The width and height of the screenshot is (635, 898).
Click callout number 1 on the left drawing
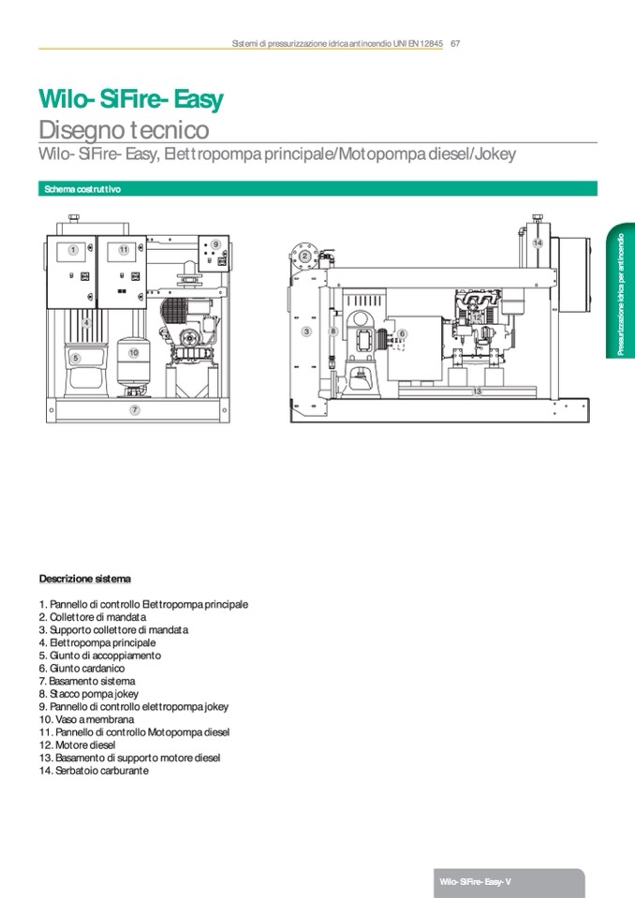tap(72, 250)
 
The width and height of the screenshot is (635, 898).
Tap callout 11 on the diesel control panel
tap(124, 250)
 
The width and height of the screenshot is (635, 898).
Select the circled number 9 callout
tap(215, 244)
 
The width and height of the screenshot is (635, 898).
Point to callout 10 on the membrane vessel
tap(134, 353)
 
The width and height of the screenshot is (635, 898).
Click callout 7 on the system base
tap(135, 410)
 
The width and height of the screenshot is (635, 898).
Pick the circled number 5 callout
tap(76, 358)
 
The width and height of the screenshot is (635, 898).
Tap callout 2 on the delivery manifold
tap(304, 256)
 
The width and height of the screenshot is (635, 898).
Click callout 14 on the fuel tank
tap(538, 243)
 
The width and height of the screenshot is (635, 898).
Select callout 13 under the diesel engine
tap(477, 390)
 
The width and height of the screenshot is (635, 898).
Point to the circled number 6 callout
tap(402, 333)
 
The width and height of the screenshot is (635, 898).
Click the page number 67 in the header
tap(454, 43)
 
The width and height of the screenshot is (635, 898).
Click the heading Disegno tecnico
tap(124, 130)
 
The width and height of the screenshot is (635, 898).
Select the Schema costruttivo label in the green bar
tap(82, 189)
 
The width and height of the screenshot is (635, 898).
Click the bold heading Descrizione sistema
tap(85, 578)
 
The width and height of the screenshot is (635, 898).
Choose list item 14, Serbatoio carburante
tap(94, 770)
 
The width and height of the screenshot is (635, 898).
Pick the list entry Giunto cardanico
tap(81, 669)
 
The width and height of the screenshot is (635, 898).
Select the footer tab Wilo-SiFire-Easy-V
tap(476, 883)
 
